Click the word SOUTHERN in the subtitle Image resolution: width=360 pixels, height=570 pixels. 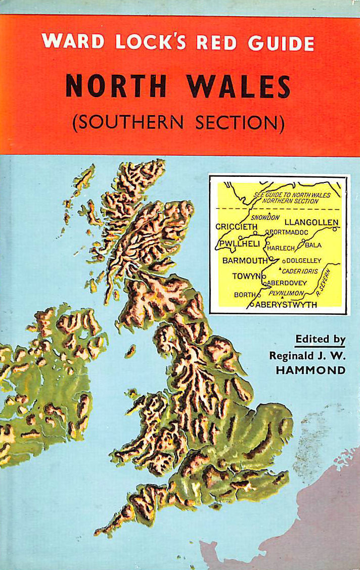click(139, 123)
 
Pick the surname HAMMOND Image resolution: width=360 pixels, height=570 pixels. click(317, 370)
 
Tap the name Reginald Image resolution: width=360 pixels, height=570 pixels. click(290, 355)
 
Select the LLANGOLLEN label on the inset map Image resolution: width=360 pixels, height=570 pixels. click(311, 222)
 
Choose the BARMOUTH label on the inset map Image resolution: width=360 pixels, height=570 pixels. click(245, 261)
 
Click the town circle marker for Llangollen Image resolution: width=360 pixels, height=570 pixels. click(335, 229)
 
